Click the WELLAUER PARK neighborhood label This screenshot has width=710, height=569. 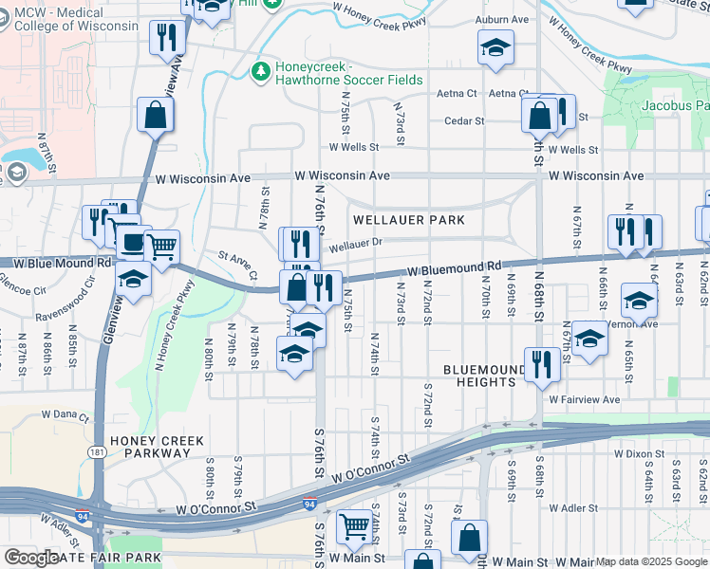(409, 220)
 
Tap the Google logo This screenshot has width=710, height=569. (31, 558)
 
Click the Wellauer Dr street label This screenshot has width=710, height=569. (356, 244)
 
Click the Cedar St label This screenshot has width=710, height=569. (465, 121)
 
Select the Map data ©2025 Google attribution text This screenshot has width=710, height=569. (651, 561)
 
